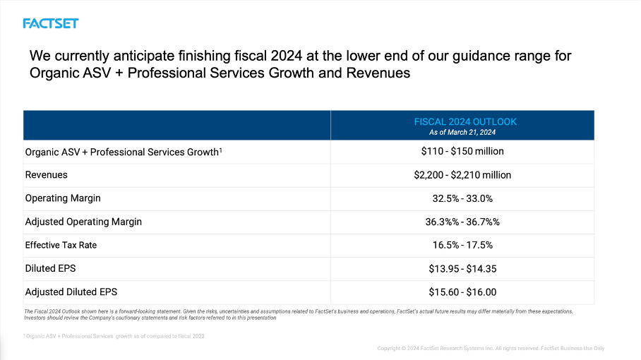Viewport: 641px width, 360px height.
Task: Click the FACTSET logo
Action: point(50,23)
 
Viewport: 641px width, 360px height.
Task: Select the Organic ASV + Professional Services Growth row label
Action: point(124,152)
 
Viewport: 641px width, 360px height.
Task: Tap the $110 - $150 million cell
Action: point(462,151)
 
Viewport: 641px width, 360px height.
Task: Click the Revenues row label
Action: point(47,175)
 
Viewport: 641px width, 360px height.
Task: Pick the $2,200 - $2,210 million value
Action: point(462,175)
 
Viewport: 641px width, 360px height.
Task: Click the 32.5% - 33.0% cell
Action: point(462,198)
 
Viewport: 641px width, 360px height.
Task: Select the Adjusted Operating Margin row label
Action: point(83,222)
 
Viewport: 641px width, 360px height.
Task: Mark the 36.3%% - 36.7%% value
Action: point(462,222)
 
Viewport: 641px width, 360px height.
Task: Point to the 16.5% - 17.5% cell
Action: point(462,245)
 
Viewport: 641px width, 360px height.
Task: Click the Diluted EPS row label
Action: point(50,268)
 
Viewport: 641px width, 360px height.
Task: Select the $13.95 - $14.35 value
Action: point(462,268)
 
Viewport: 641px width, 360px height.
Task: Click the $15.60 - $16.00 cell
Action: point(462,292)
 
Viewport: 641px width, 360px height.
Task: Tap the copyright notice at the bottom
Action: point(491,348)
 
